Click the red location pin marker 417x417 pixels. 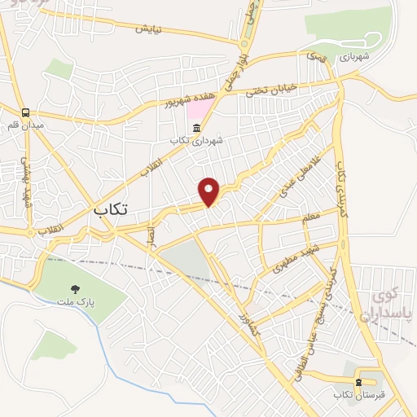pyautogui.click(x=209, y=191)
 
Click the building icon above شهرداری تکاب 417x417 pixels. pyautogui.click(x=195, y=129)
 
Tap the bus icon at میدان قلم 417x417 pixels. pyautogui.click(x=26, y=113)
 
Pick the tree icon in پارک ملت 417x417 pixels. pyautogui.click(x=76, y=288)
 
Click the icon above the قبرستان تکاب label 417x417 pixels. pyautogui.click(x=358, y=382)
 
